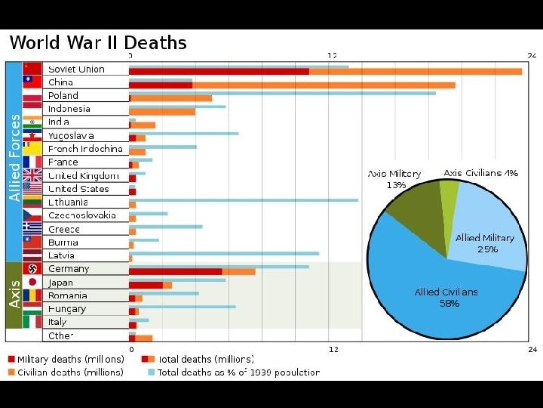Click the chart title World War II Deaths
[x=98, y=42]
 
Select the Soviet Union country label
[x=76, y=70]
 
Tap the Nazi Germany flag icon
[x=32, y=269]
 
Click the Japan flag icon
[x=32, y=283]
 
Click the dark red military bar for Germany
[x=175, y=271]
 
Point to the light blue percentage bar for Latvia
[x=223, y=254]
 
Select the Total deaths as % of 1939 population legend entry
[x=234, y=372]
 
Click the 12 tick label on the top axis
[x=332, y=56]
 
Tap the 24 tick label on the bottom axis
[x=532, y=349]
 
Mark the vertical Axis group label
[x=14, y=295]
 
